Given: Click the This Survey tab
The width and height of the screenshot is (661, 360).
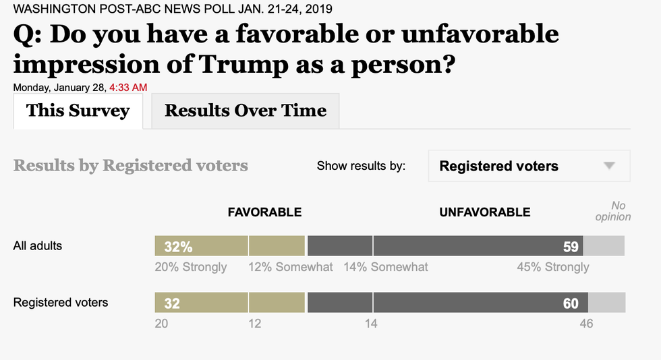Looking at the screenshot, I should pos(78,111).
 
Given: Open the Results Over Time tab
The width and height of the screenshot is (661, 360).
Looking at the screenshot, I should pos(246,111).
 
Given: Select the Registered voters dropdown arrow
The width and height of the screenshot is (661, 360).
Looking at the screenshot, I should pos(609,166).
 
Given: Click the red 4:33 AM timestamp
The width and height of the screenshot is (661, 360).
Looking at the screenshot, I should pos(128,87).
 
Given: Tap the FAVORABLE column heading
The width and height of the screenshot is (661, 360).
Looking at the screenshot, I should pos(264,212).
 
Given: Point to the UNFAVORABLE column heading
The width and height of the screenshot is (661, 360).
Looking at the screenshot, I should pos(484,212).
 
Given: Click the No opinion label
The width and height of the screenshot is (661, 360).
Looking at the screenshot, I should pos(612,211).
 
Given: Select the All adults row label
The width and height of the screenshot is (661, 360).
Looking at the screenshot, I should pos(38,246).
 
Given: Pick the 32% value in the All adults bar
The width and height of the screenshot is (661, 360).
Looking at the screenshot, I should pos(178,247).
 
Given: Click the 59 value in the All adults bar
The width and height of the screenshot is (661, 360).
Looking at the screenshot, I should pos(571,247).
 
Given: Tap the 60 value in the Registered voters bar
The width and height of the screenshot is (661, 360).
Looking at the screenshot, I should pos(571,303).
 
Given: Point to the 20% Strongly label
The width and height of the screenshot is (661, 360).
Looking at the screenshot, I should pos(191,267).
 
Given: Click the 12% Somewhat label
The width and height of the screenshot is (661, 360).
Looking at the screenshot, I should pos(291,267).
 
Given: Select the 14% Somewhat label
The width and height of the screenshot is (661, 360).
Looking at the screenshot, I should pos(386,267).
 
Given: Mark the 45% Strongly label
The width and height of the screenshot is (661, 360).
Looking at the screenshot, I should pos(553,267).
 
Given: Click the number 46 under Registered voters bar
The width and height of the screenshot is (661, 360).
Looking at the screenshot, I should pos(586,324).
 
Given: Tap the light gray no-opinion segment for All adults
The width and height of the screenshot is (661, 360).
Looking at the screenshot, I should pos(604,246).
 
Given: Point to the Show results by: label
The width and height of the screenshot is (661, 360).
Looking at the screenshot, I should pos(361,166).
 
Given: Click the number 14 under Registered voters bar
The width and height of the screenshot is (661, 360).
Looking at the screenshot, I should pos(371,324).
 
